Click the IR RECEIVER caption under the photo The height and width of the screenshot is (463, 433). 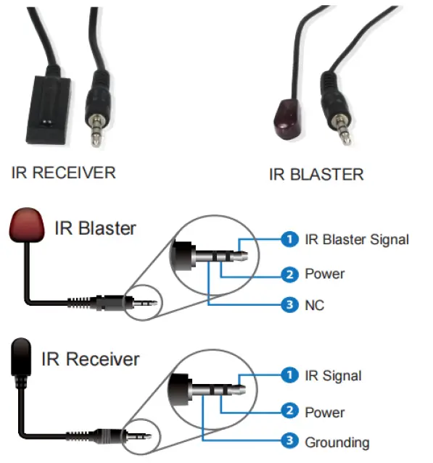[x=64, y=172]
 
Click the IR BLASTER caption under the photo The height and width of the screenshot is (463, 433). [x=316, y=174]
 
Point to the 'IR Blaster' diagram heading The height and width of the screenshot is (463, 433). [x=95, y=228]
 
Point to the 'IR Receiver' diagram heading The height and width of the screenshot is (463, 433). [x=91, y=359]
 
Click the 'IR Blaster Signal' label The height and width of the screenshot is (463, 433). [x=357, y=239]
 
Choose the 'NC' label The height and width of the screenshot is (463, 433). [x=315, y=305]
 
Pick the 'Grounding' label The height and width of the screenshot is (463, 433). [x=337, y=442]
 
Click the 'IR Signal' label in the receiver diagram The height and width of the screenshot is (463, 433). [x=333, y=375]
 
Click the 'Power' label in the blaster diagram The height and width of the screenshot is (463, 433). [x=324, y=274]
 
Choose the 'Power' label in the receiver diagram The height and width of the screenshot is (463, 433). [x=324, y=412]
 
